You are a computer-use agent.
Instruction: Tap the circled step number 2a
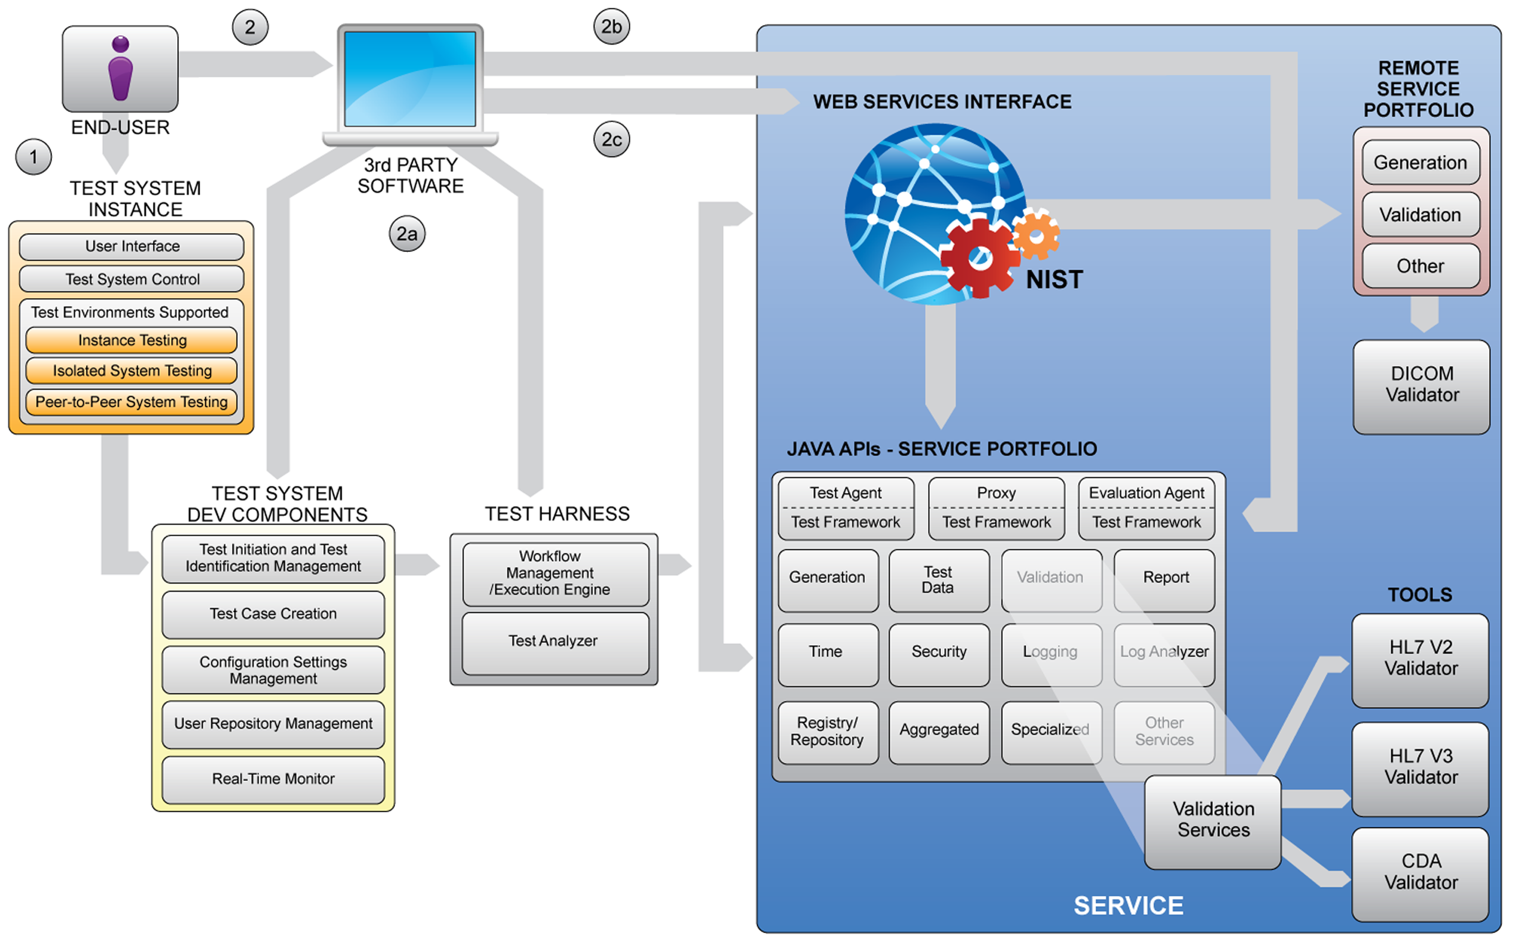(x=407, y=234)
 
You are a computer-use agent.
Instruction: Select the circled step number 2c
(x=611, y=139)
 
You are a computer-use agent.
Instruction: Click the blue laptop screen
(x=410, y=79)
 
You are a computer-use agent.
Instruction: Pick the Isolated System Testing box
(x=132, y=371)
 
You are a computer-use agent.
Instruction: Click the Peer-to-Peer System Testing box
(x=132, y=402)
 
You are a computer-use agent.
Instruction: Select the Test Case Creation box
(x=273, y=614)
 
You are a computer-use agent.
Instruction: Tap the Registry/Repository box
(x=827, y=732)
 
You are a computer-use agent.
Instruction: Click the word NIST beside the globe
(x=1055, y=280)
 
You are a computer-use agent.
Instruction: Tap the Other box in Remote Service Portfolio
(x=1420, y=267)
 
